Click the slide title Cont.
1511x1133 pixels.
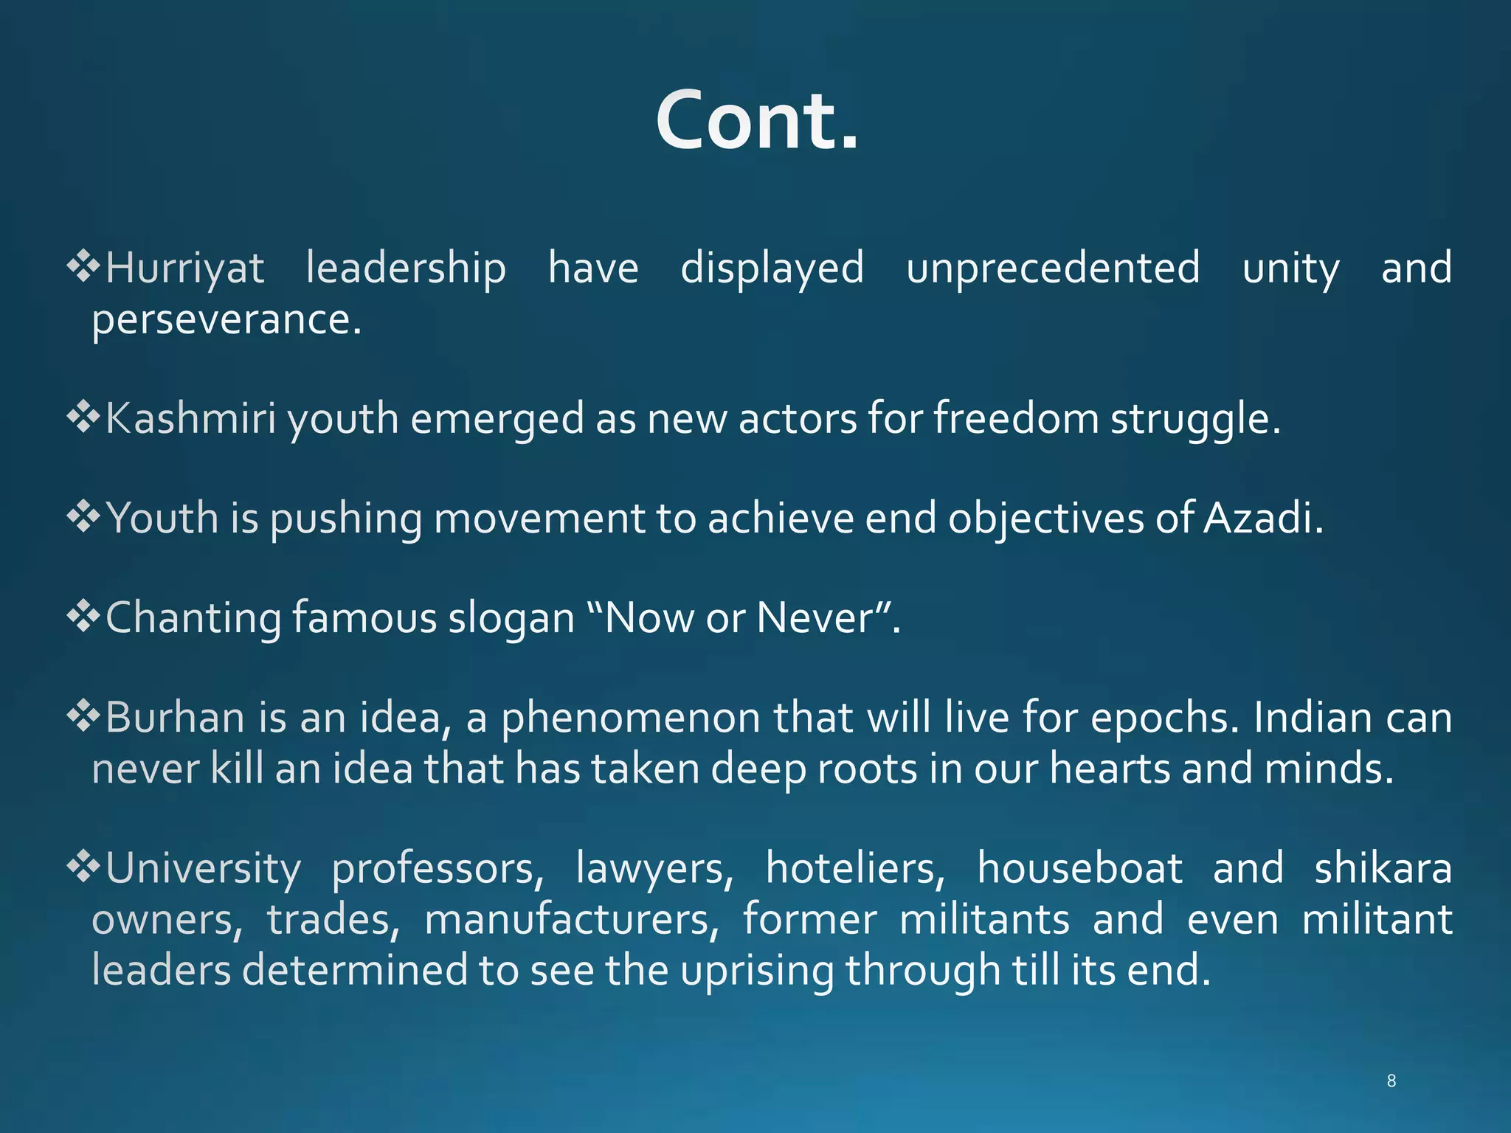coord(757,120)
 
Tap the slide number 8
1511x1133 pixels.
coord(1391,1081)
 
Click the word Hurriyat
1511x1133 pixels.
coord(184,268)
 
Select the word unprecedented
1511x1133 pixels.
coord(1053,268)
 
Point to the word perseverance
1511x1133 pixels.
coord(227,320)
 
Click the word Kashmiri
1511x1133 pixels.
coord(190,418)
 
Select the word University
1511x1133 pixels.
coord(203,869)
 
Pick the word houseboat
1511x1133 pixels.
coord(1079,868)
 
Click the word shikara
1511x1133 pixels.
coord(1383,868)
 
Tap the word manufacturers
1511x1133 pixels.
coord(571,920)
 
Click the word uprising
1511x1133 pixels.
coord(757,970)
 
